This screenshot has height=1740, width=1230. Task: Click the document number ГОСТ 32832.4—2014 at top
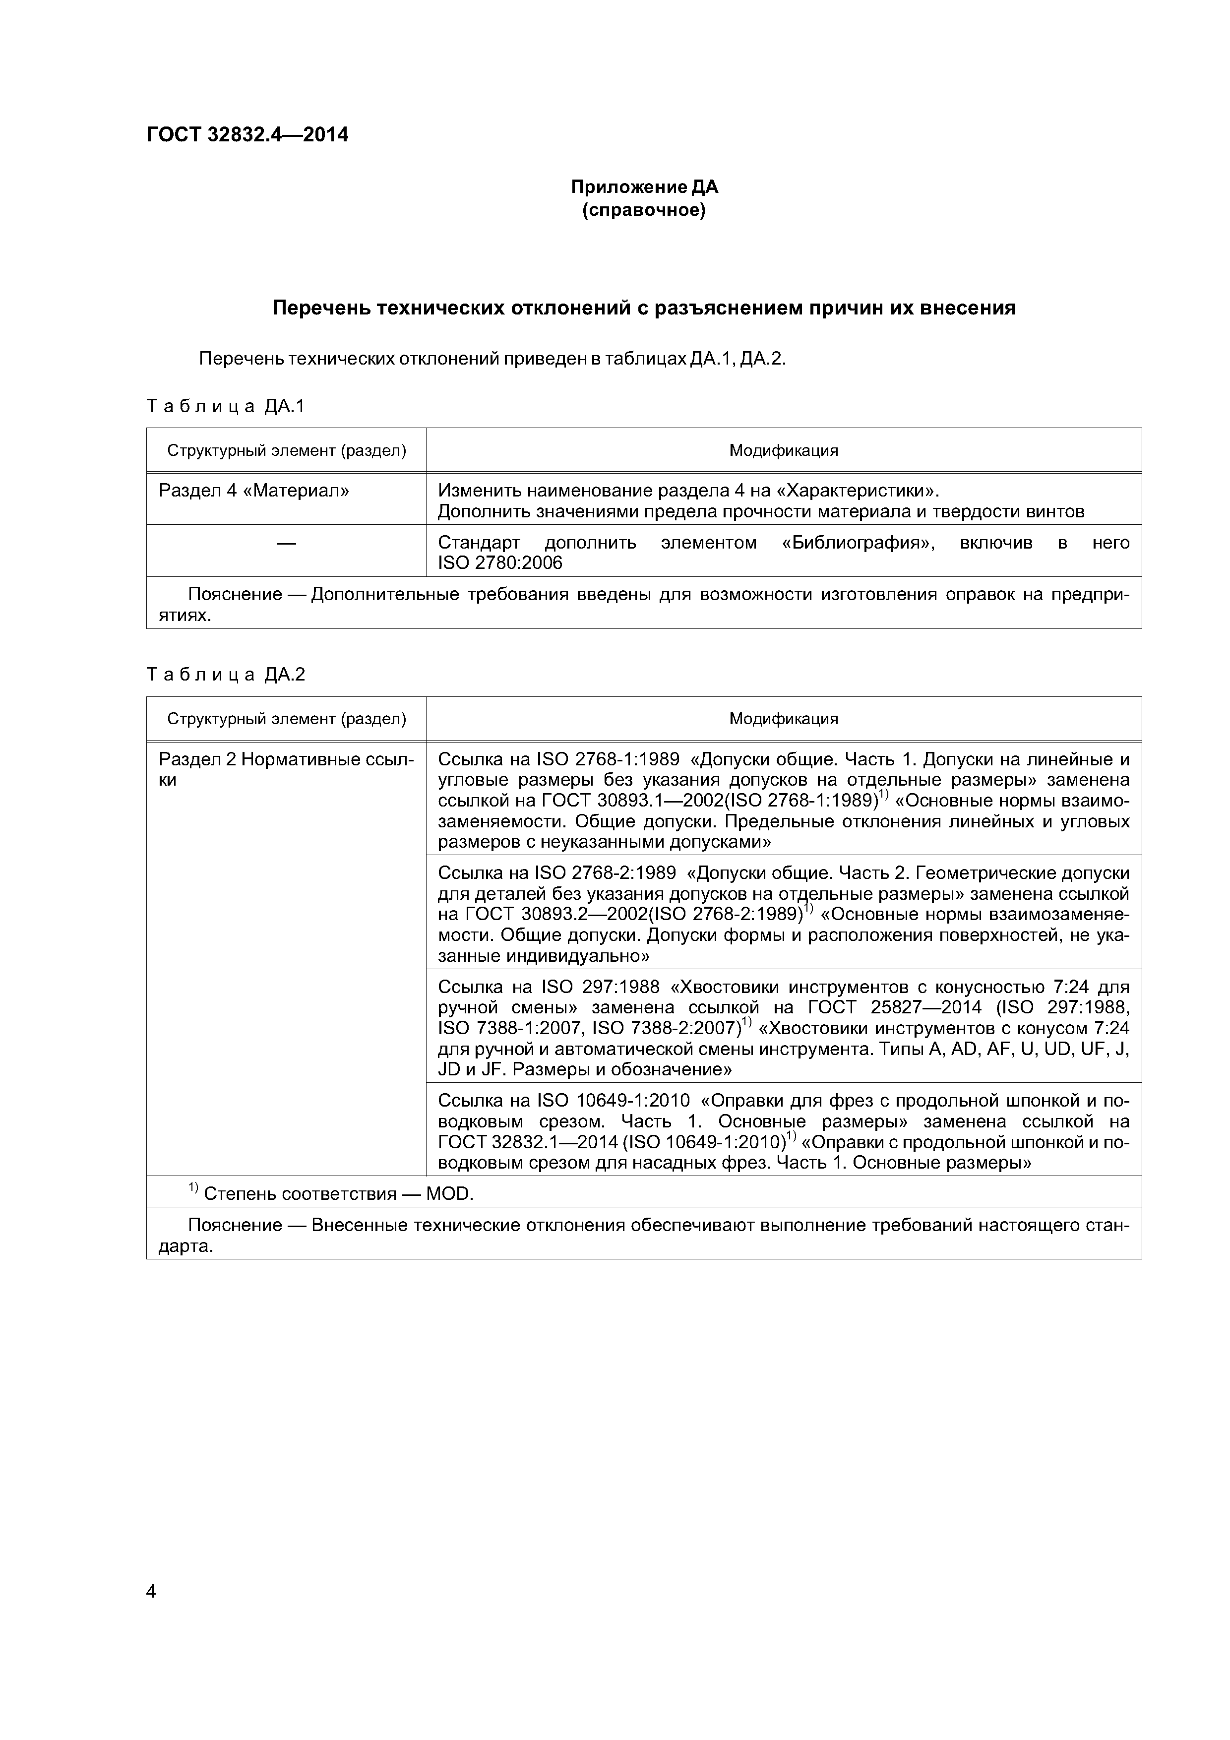pyautogui.click(x=247, y=135)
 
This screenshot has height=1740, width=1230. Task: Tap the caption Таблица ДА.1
pyautogui.click(x=225, y=407)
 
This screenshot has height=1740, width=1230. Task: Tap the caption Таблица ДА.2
pyautogui.click(x=225, y=675)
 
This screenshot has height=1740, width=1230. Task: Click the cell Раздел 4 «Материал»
pyautogui.click(x=254, y=491)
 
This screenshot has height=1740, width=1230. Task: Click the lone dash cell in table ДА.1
pyautogui.click(x=287, y=543)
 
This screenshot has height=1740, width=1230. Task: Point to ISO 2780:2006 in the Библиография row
pyautogui.click(x=500, y=563)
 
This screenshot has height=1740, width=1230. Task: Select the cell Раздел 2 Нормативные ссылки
pyautogui.click(x=287, y=769)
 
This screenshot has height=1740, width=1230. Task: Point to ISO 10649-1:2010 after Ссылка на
pyautogui.click(x=613, y=1100)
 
